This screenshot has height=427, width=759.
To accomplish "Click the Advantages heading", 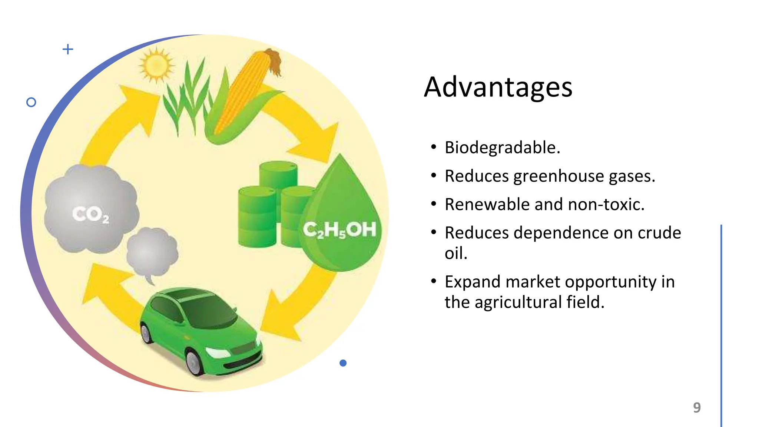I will tap(498, 87).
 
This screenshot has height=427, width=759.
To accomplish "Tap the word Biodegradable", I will tap(502, 148).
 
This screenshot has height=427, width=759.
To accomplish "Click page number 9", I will tap(697, 407).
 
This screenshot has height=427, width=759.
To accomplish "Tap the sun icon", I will tap(156, 65).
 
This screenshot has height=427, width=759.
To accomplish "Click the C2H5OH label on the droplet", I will tap(339, 230).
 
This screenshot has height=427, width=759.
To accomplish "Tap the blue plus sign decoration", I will tap(68, 49).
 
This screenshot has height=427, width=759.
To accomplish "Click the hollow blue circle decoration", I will tap(31, 102).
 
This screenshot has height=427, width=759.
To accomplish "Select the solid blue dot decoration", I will tap(343, 363).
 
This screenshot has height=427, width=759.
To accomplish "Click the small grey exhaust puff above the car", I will tap(152, 252).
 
